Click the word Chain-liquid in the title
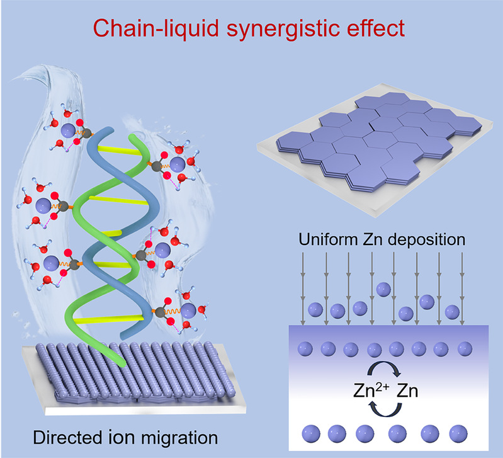(156, 28)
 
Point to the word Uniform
(328, 239)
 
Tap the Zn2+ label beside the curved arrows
(371, 390)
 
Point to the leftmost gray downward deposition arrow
(303, 289)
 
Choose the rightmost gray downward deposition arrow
(462, 289)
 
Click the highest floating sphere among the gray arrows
(383, 290)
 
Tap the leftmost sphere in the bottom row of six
(311, 434)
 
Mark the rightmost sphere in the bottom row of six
(458, 434)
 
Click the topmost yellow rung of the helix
(120, 150)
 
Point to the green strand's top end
(131, 137)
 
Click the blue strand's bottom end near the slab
(125, 337)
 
